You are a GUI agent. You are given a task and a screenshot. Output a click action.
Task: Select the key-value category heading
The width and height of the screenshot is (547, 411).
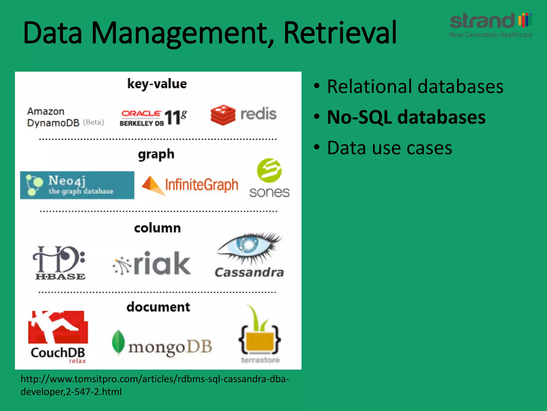157,84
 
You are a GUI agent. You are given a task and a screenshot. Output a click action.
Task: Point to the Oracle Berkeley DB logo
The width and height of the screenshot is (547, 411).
153,117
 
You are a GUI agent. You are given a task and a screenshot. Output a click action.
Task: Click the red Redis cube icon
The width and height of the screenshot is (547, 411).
223,115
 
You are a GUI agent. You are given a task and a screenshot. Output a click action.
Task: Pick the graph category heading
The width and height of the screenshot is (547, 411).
156,154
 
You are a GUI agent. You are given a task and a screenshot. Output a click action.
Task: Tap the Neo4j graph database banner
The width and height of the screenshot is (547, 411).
77,185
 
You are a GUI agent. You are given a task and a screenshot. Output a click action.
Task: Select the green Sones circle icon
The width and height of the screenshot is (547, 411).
269,170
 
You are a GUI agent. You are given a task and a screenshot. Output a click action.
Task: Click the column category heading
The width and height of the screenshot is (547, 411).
157,228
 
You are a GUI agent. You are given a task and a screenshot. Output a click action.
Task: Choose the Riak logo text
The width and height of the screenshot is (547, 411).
162,264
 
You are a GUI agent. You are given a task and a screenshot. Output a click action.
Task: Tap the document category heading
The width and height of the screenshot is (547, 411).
158,307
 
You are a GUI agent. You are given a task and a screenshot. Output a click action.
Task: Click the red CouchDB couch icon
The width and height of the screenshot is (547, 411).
58,327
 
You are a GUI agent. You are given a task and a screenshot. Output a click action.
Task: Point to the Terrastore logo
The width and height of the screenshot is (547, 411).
260,334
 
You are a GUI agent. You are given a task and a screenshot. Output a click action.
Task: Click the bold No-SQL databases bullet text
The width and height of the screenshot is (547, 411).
406,117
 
